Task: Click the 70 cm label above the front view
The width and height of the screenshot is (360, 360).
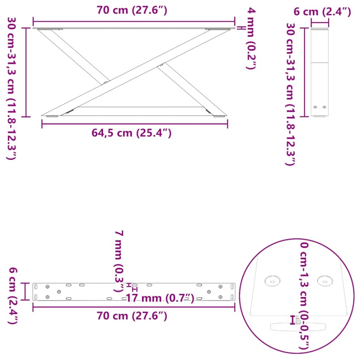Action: pos(132,11)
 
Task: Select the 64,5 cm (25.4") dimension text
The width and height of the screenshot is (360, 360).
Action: pos(132,133)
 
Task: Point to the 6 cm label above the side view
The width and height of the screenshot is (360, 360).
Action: pos(322,12)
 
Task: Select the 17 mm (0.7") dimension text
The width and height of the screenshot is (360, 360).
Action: pos(160,298)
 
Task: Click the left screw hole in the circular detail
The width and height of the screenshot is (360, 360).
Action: pos(273,281)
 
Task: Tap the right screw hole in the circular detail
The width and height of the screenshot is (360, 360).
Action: pos(325,281)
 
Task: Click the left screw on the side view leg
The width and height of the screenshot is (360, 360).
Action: pos(315,108)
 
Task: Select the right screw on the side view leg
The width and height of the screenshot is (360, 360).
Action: pos(324,108)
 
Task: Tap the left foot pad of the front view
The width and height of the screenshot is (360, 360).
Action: pos(52,116)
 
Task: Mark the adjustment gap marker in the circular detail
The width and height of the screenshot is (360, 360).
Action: pos(293,320)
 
